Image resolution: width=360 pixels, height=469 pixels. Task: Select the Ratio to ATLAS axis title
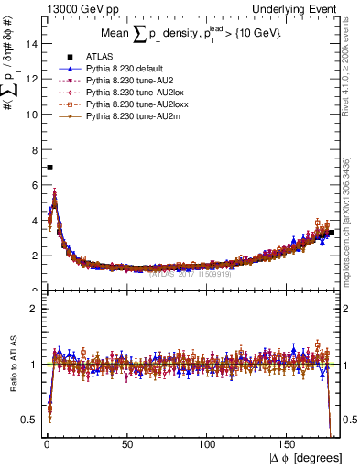click(12, 365)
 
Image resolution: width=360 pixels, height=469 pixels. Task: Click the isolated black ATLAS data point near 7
click(49, 168)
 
